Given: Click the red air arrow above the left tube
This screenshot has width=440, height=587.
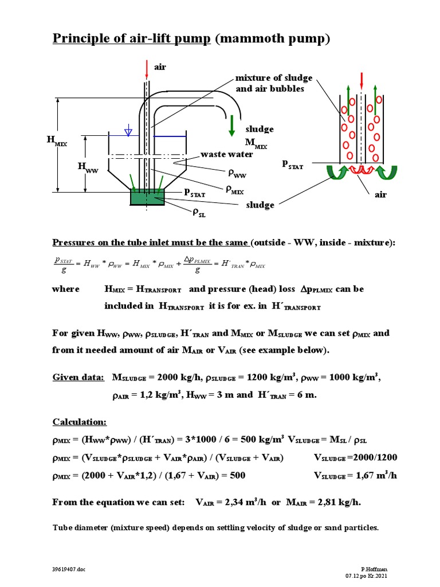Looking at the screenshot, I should tap(147, 68).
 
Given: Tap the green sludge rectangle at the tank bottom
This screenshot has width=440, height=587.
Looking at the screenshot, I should tap(148, 197).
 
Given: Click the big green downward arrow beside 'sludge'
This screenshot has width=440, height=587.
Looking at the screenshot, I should tap(231, 126).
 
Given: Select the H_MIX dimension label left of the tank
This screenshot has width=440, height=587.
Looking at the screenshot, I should tap(57, 140).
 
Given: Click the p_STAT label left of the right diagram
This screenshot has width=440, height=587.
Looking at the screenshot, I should tap(292, 164).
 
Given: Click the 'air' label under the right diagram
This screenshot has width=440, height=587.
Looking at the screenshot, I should tap(380, 194).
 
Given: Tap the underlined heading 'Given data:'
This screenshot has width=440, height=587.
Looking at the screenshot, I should tap(78, 377).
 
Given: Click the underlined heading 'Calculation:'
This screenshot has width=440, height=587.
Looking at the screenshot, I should tap(80, 422).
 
